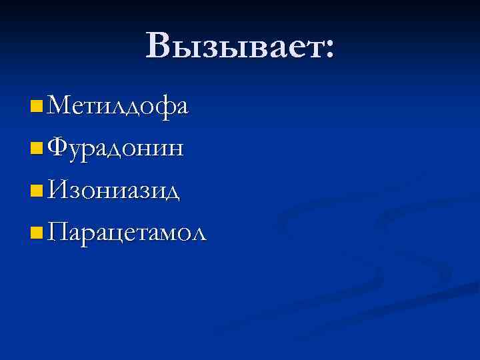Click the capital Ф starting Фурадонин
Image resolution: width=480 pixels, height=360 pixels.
coord(58,147)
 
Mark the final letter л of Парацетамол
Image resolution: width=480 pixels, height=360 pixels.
coord(199,235)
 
